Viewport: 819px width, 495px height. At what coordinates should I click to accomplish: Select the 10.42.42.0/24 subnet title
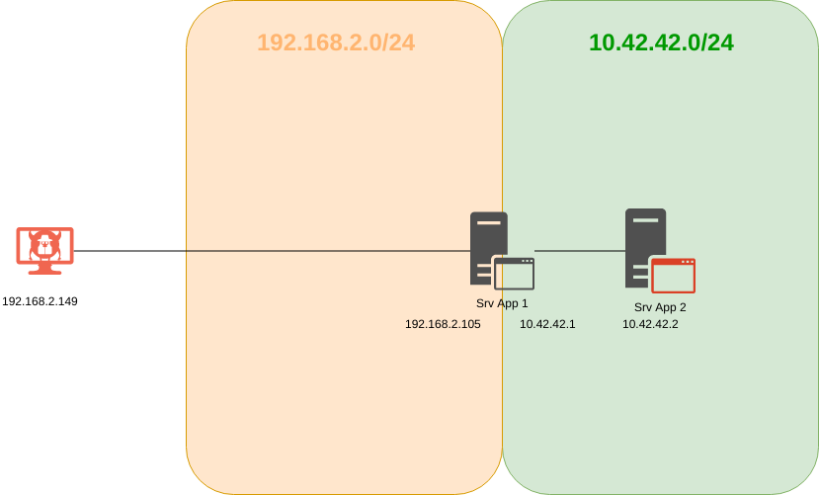(x=661, y=42)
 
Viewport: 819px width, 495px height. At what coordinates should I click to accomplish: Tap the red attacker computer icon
(x=44, y=250)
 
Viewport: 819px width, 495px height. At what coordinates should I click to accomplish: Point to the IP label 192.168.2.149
(x=40, y=301)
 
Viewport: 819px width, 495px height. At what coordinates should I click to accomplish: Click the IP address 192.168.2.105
(x=443, y=323)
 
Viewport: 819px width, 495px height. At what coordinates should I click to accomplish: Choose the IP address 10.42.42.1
(x=547, y=323)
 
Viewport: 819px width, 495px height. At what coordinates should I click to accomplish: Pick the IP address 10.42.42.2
(x=650, y=324)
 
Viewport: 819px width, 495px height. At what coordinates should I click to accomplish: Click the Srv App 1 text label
(x=502, y=303)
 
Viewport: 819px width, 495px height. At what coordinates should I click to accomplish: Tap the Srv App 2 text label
(x=660, y=307)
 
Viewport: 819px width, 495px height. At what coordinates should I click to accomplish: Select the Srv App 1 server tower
(x=487, y=242)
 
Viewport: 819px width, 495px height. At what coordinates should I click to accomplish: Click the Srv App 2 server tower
(x=644, y=242)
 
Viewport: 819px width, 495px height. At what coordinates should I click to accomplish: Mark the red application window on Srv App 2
(x=673, y=275)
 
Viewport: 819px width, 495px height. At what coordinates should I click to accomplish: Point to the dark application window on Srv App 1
(x=514, y=273)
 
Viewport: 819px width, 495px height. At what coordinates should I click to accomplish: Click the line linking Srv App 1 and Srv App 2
(x=580, y=251)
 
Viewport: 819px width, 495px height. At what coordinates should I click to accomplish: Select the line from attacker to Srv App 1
(x=267, y=251)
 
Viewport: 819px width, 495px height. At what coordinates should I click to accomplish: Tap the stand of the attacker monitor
(x=44, y=269)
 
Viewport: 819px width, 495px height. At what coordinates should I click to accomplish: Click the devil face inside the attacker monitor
(x=44, y=244)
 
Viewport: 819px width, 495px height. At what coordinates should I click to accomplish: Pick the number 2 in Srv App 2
(x=682, y=307)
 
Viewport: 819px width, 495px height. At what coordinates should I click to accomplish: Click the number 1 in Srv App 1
(x=524, y=303)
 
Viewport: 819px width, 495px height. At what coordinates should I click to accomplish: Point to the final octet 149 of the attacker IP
(x=67, y=301)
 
